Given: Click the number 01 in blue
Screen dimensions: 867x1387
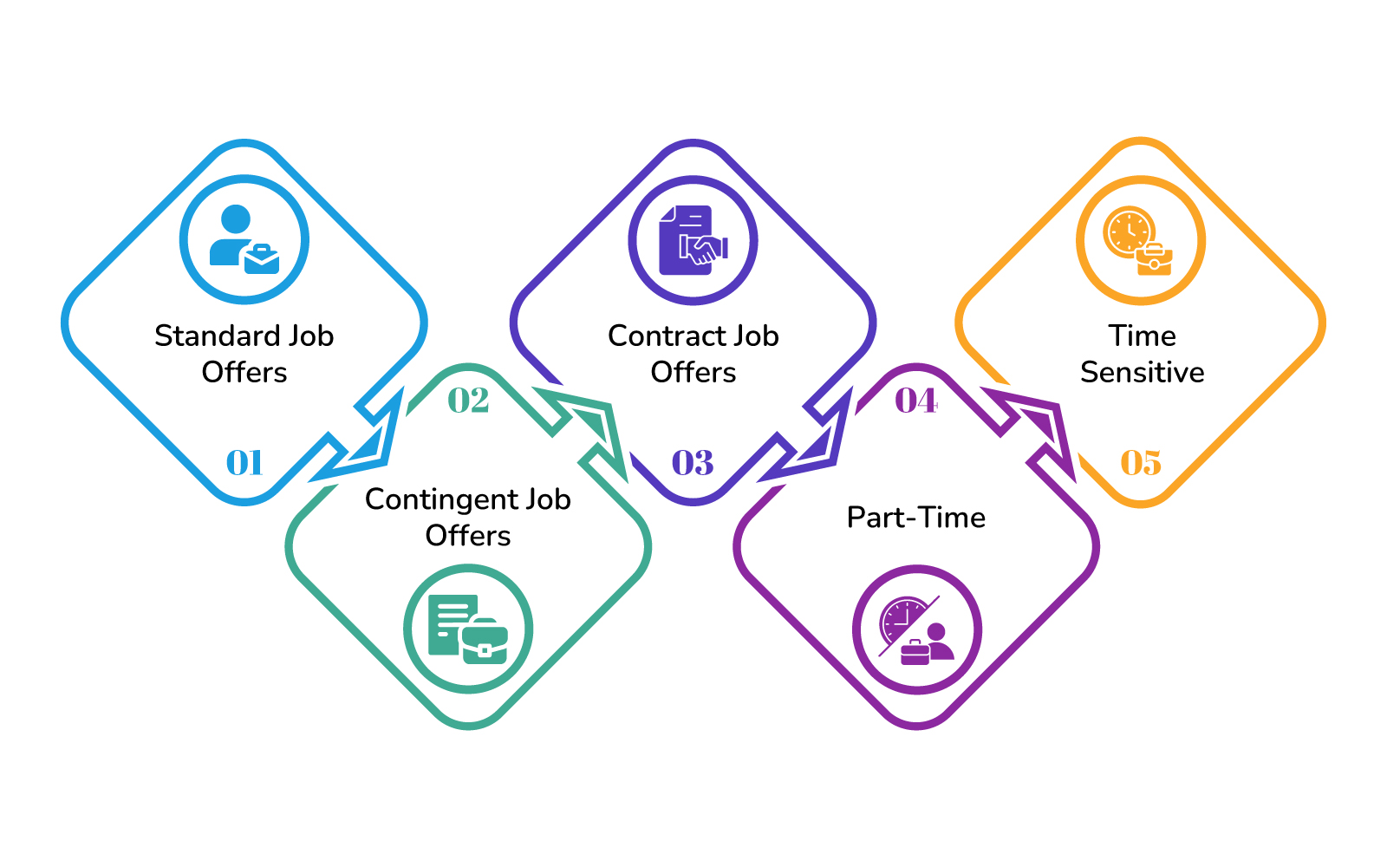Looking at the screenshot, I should point(244,463).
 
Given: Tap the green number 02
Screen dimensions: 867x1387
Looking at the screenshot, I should point(468,401).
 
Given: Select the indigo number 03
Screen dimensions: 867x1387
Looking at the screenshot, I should point(693,463).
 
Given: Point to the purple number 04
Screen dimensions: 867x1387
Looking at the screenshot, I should point(916,401).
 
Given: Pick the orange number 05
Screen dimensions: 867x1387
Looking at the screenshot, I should point(1141,463).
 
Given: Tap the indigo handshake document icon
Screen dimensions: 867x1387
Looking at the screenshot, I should point(693,240).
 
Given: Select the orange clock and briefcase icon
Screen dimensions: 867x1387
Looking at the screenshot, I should point(1140,240).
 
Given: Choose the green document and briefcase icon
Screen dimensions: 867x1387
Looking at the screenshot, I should point(468,629).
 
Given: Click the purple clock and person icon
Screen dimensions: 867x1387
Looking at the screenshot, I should point(916,629).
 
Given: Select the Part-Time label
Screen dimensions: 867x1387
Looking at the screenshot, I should point(916,518).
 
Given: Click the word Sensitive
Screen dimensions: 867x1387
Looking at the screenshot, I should point(1142,372).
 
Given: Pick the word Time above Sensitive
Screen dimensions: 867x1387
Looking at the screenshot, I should point(1142,336).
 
